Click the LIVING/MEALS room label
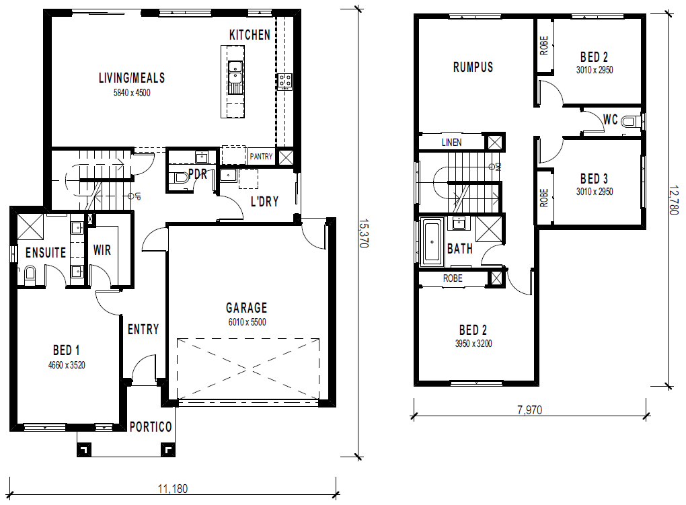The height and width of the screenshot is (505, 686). (132, 78)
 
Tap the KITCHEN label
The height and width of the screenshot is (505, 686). (250, 35)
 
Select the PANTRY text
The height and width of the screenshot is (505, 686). (261, 156)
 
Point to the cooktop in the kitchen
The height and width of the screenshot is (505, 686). (284, 81)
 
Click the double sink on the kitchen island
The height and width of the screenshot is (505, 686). (235, 73)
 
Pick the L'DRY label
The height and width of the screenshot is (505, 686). (265, 202)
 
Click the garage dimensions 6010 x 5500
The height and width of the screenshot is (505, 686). (247, 322)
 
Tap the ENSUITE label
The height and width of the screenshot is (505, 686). (46, 253)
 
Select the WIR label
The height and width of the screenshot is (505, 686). (102, 250)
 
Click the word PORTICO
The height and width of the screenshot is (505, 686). (151, 427)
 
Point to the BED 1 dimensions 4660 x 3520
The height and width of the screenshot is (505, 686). (67, 365)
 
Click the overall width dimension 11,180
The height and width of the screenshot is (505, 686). (173, 488)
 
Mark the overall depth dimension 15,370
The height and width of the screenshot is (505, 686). (364, 233)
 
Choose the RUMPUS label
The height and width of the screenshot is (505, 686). (473, 67)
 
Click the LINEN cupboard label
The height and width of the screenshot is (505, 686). (451, 143)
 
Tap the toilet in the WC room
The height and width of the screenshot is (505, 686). (632, 121)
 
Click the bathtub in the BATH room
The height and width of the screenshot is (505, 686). (432, 241)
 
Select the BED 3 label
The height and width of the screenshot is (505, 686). (594, 179)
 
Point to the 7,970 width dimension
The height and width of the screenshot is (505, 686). (529, 410)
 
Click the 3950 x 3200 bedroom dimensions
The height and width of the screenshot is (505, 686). (473, 344)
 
